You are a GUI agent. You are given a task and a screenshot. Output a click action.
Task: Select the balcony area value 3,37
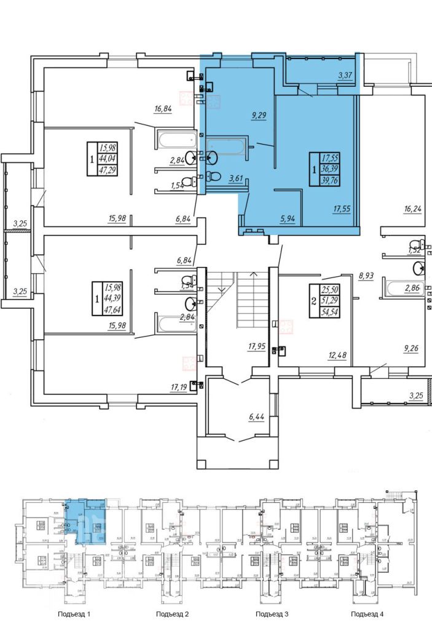click(347, 76)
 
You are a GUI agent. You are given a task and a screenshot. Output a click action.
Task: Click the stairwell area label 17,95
click(256, 347)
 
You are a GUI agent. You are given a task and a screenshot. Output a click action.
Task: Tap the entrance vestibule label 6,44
click(257, 418)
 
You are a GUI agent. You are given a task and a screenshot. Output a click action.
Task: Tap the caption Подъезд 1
click(74, 614)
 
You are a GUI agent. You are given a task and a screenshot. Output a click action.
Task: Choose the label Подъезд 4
click(368, 614)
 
